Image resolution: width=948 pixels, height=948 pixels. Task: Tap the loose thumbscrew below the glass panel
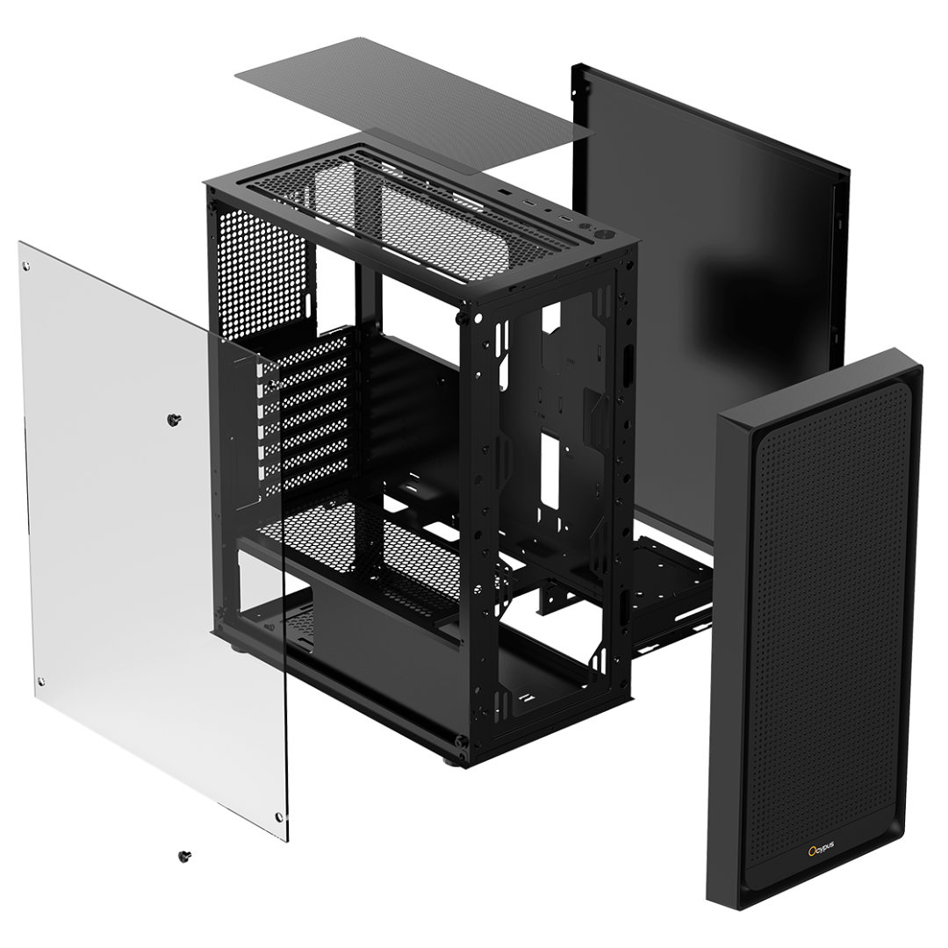click(x=184, y=855)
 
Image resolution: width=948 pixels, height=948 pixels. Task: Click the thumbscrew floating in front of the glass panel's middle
click(x=175, y=419)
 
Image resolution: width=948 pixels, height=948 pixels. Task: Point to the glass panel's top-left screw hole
click(x=26, y=265)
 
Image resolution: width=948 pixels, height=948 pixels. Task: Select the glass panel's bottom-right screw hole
click(x=279, y=817)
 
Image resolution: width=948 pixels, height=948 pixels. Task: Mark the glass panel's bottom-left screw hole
click(x=41, y=683)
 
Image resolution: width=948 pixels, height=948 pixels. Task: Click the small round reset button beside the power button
click(x=585, y=227)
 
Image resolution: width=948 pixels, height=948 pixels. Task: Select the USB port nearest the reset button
click(x=565, y=219)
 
